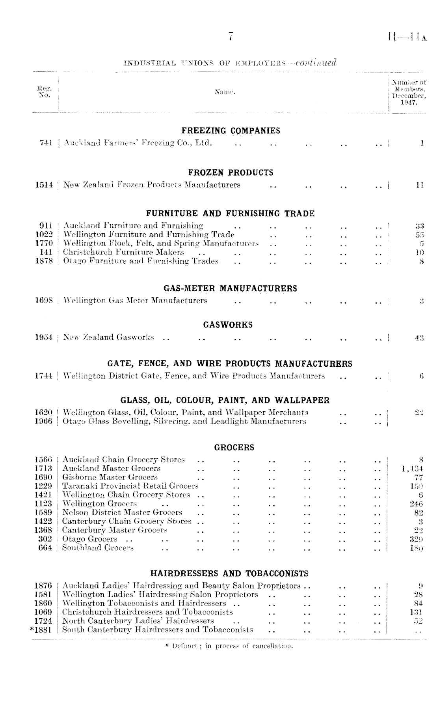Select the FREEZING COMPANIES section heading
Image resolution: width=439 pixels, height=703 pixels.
pyautogui.click(x=231, y=131)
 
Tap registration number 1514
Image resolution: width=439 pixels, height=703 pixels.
pyautogui.click(x=44, y=185)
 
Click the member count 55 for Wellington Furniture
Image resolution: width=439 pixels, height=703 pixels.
pyautogui.click(x=419, y=235)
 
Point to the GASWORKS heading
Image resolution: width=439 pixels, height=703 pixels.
pyautogui.click(x=228, y=325)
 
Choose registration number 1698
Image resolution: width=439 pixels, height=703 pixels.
pyautogui.click(x=44, y=301)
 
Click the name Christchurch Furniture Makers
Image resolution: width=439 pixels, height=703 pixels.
pyautogui.click(x=123, y=252)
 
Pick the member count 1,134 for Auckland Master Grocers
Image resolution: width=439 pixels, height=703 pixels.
pyautogui.click(x=412, y=469)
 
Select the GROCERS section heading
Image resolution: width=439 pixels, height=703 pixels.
pyautogui.click(x=234, y=448)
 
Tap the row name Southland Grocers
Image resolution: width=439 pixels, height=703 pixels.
pyautogui.click(x=98, y=548)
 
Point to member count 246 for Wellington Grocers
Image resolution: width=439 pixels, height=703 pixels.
pyautogui.click(x=417, y=504)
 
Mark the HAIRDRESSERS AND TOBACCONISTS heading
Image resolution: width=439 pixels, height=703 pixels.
pyautogui.click(x=229, y=574)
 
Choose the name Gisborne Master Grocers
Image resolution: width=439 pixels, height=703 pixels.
pyautogui.click(x=110, y=478)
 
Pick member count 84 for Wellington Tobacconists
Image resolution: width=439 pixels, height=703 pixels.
pyautogui.click(x=419, y=604)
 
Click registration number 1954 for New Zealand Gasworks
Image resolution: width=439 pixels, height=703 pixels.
pyautogui.click(x=44, y=337)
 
